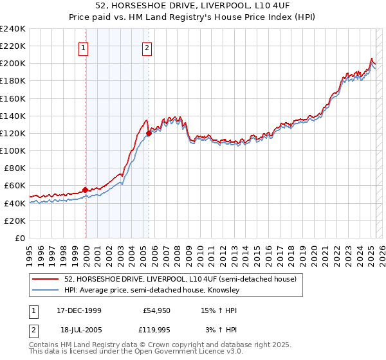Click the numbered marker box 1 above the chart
tap(84, 47)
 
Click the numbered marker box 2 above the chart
tap(147, 47)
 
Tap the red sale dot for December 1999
tap(86, 190)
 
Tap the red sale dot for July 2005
tap(149, 133)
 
